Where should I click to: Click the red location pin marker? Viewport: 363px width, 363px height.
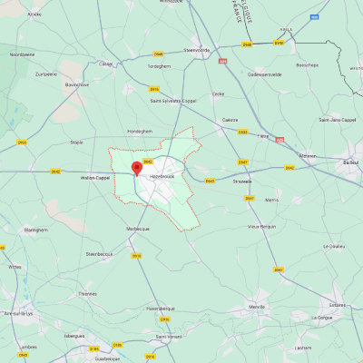(x=137, y=168)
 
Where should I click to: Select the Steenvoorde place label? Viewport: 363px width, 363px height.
(x=196, y=50)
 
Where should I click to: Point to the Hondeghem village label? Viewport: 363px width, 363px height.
(x=140, y=131)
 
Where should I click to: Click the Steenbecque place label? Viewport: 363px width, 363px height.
(x=99, y=254)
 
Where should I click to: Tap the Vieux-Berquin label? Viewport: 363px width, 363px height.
(x=261, y=226)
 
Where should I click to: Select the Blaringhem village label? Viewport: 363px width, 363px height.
(x=35, y=230)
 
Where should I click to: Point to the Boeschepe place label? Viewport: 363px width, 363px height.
(x=308, y=64)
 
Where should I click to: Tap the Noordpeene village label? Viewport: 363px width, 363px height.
(x=22, y=54)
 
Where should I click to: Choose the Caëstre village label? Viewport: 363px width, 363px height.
(x=231, y=119)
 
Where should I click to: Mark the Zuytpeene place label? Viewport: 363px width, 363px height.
(x=45, y=74)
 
